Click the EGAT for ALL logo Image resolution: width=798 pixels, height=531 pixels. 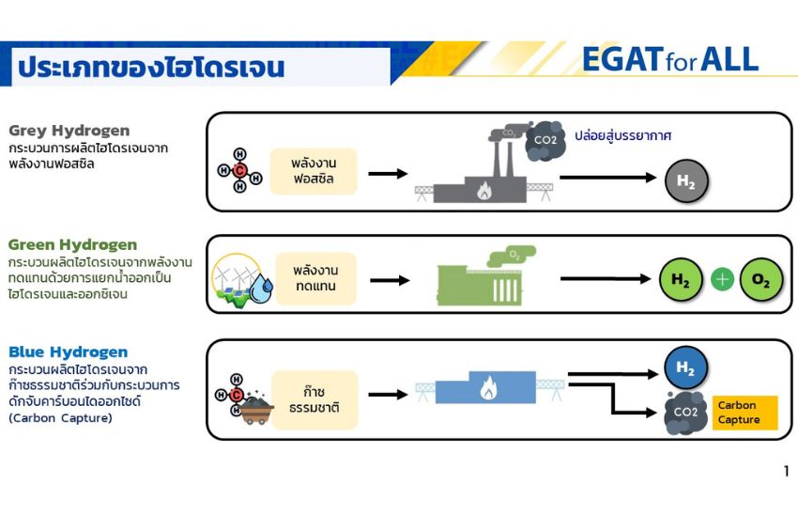tap(670, 59)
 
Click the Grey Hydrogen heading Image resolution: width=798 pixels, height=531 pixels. tap(69, 131)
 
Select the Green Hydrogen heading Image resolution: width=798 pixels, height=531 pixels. tap(73, 245)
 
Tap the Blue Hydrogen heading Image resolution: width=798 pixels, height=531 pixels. tap(69, 352)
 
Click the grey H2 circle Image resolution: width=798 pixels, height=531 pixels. tap(686, 180)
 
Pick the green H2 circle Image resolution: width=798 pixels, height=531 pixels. tap(681, 279)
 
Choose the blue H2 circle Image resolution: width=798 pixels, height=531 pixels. tap(685, 367)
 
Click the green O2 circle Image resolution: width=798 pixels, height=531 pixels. tap(760, 279)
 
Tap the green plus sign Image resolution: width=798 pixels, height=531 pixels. tap(722, 280)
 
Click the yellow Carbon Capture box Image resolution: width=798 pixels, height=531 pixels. tap(745, 413)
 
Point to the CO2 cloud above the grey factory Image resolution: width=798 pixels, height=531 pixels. tap(545, 140)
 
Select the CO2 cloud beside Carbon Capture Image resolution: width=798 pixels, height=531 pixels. tap(685, 413)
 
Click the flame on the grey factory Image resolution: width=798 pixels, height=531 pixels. tap(484, 191)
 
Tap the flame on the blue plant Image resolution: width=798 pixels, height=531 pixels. tap(488, 388)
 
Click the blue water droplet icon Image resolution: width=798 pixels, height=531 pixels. tap(261, 289)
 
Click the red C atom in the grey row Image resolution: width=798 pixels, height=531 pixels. tap(239, 170)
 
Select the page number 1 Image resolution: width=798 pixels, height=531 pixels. tap(787, 471)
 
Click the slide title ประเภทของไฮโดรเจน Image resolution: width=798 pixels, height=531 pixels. tap(151, 68)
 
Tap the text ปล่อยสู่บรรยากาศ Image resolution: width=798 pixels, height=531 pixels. tap(623, 135)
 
